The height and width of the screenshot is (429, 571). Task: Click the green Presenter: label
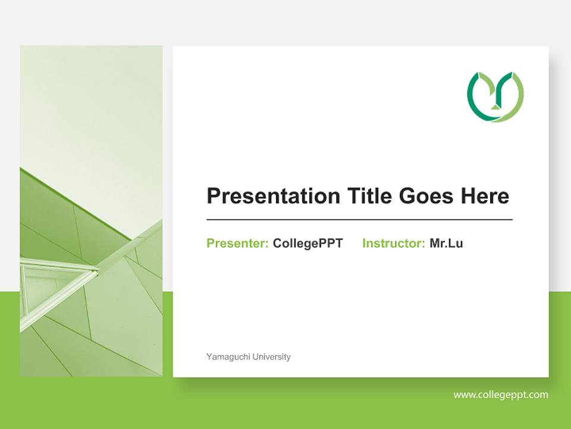click(237, 243)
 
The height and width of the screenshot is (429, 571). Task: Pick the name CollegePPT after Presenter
click(308, 243)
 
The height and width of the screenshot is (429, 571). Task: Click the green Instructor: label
click(393, 243)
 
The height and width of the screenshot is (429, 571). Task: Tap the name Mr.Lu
click(446, 243)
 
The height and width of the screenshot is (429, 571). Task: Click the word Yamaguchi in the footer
click(228, 357)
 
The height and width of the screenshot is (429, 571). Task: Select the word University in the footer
click(272, 357)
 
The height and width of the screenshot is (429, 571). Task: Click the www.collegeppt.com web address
click(501, 394)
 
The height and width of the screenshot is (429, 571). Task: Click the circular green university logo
click(495, 97)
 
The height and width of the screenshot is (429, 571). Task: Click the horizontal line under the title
click(359, 220)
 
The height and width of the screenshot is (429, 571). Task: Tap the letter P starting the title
click(213, 196)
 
